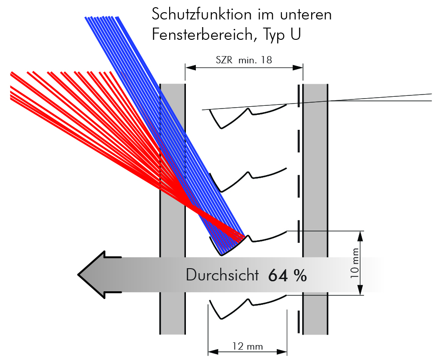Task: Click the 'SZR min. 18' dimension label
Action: [244, 60]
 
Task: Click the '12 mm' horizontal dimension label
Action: [247, 346]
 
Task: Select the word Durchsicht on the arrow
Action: [222, 275]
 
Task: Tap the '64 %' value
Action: [287, 275]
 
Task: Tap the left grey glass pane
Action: [172, 136]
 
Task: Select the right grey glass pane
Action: [315, 181]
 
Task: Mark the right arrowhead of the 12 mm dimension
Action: [284, 351]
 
